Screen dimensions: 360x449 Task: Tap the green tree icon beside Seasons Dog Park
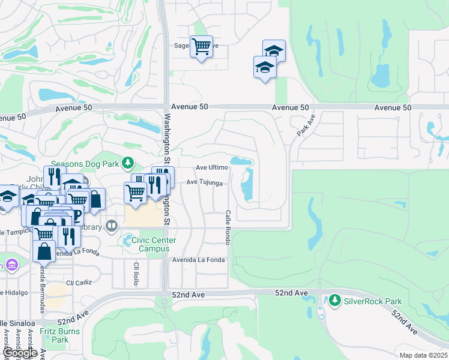(127, 163)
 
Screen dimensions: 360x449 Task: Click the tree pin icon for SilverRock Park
(334, 300)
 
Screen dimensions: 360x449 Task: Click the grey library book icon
(111, 226)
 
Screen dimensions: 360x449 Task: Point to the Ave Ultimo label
(212, 168)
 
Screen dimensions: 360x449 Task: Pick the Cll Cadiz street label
(79, 282)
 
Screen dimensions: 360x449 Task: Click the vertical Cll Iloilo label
(136, 272)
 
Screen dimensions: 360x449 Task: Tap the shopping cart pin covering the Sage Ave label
(201, 46)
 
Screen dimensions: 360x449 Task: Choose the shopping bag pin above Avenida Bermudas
(44, 252)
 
